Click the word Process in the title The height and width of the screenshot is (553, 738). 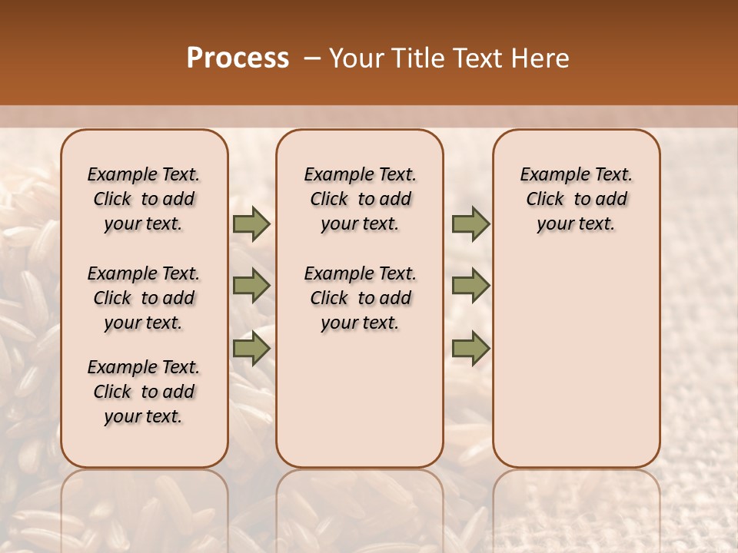click(x=238, y=58)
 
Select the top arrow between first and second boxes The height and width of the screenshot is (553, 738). click(x=251, y=224)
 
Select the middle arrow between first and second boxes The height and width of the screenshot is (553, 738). click(x=251, y=286)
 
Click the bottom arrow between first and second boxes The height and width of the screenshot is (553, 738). click(x=251, y=349)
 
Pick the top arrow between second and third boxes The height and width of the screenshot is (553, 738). click(x=470, y=224)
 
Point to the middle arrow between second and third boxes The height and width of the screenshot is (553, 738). click(x=470, y=286)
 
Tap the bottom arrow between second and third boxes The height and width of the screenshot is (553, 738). click(x=470, y=349)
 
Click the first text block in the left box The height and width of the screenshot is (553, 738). click(x=144, y=199)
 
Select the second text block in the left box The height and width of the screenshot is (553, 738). click(x=144, y=298)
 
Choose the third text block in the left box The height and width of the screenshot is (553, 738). click(x=144, y=392)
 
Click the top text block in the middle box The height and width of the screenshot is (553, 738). click(x=360, y=199)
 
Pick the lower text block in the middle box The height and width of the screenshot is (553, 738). click(x=360, y=298)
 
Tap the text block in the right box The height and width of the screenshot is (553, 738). click(x=577, y=199)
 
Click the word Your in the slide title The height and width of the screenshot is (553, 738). click(x=356, y=58)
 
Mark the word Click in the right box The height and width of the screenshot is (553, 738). click(x=545, y=200)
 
